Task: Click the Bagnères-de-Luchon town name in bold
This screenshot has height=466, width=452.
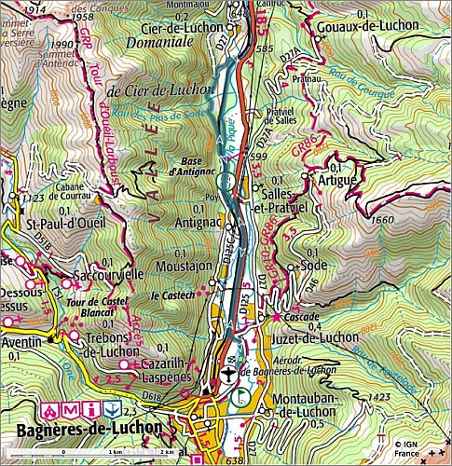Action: tap(89, 430)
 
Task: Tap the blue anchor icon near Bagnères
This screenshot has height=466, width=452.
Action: tap(113, 409)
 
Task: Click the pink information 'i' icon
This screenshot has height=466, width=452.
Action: tap(90, 409)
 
